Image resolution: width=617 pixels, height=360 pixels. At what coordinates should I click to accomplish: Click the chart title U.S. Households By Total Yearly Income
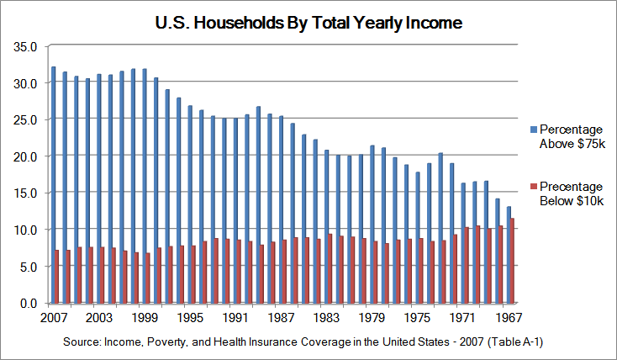coord(308,24)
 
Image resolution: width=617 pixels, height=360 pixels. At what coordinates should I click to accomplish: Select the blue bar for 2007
coord(53,185)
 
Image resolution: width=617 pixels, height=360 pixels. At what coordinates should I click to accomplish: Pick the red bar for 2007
coord(58,276)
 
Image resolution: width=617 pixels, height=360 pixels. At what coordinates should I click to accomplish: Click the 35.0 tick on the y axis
coord(25,47)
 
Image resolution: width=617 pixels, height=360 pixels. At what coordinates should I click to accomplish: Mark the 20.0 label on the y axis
coord(25,156)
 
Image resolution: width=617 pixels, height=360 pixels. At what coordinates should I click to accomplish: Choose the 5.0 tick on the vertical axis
coord(28,266)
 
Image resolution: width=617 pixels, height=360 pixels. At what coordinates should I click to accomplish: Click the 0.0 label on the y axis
coord(28,303)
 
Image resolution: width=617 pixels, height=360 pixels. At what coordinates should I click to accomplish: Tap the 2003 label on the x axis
coord(99,319)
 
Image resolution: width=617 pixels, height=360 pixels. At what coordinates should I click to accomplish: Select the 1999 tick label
coord(145,319)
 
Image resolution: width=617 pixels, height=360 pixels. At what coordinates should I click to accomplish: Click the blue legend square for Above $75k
coord(533,130)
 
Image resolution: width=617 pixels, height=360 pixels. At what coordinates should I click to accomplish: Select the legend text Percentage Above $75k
coord(572,136)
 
